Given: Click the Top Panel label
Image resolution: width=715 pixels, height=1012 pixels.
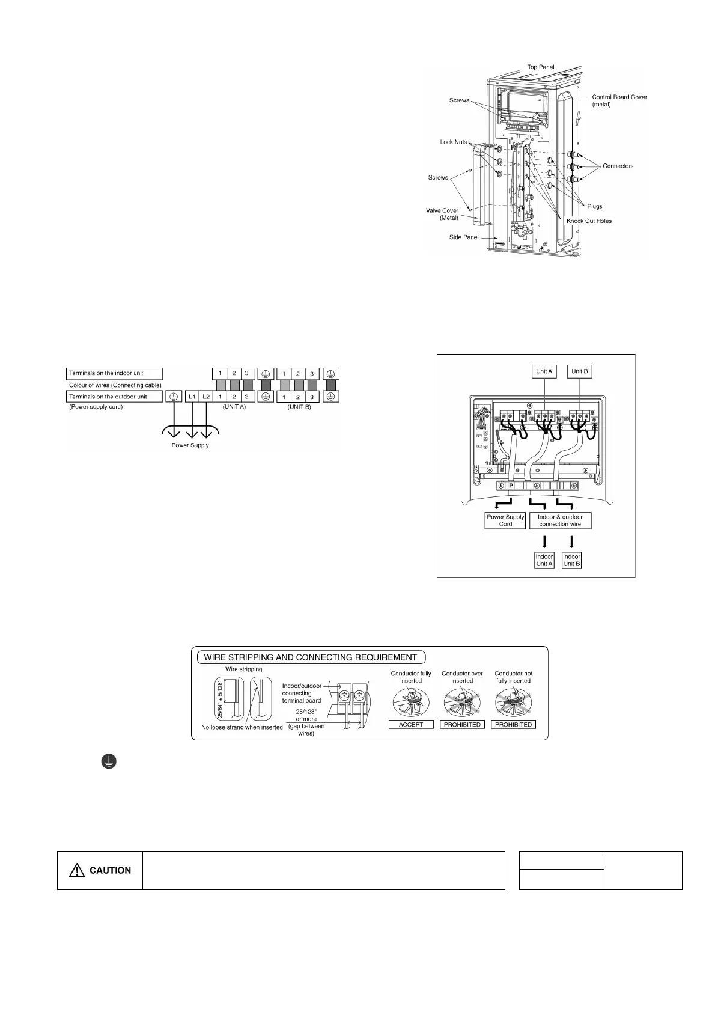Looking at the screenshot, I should (x=541, y=67).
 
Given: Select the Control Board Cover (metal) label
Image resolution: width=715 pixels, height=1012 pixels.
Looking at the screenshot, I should (x=619, y=100).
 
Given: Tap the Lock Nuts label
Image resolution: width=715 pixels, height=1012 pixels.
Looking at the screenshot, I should (x=453, y=142).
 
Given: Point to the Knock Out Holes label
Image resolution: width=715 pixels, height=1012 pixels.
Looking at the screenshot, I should (x=589, y=221).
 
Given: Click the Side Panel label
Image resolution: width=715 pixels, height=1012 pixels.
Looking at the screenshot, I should (x=464, y=237).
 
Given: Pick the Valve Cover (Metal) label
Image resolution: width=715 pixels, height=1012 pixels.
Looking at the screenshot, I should (x=442, y=214).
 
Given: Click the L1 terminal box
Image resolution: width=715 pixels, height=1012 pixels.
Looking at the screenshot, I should (x=192, y=397).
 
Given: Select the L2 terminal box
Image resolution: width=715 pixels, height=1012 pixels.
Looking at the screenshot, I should (x=206, y=397).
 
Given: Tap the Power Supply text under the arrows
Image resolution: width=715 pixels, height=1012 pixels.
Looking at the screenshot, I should (x=190, y=445).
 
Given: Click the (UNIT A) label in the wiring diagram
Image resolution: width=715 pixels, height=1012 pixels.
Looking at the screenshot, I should (x=234, y=407).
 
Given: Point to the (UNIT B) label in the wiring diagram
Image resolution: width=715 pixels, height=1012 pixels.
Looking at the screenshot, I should (x=299, y=407).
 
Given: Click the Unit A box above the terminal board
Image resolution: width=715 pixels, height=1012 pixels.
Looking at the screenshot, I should (x=544, y=371).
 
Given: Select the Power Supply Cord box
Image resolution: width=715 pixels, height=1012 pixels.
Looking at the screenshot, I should (x=505, y=520).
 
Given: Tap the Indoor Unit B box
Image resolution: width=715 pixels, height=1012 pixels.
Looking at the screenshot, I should (x=571, y=560).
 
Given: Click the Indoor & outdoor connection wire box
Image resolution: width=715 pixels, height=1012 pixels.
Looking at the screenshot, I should (x=560, y=520).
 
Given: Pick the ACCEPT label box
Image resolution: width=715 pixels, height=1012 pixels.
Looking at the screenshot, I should (x=411, y=725).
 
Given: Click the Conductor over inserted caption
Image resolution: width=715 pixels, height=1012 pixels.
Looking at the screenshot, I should (x=462, y=677).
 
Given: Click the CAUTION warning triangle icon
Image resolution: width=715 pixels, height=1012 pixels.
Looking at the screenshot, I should (x=77, y=870).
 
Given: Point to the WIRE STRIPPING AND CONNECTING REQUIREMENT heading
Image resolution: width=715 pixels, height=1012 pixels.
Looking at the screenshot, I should (x=310, y=657).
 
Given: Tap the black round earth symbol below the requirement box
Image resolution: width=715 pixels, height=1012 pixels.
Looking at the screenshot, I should (x=108, y=762).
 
